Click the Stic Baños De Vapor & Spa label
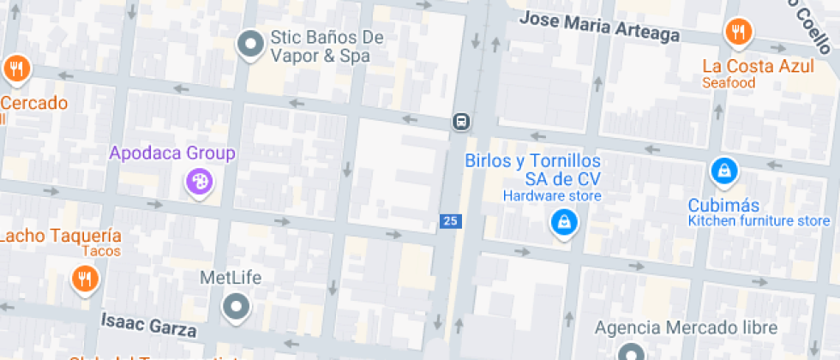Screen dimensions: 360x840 pyautogui.click(x=320, y=47)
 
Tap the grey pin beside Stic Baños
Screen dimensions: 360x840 pyautogui.click(x=250, y=42)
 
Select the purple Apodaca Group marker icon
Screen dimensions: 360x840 pyautogui.click(x=199, y=181)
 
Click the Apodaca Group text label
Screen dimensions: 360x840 pyautogui.click(x=171, y=154)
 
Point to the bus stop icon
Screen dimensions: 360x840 pyautogui.click(x=461, y=121)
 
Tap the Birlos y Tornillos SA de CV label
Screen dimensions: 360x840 pyautogui.click(x=532, y=170)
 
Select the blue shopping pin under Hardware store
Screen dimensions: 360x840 pyautogui.click(x=564, y=223)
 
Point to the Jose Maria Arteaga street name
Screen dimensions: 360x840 pyautogui.click(x=600, y=27)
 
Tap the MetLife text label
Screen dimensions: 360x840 pyautogui.click(x=231, y=278)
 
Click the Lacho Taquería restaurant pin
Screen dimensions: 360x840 pyautogui.click(x=84, y=278)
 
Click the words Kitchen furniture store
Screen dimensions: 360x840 pyautogui.click(x=759, y=221)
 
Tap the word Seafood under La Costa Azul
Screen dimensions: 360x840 pyautogui.click(x=729, y=83)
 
